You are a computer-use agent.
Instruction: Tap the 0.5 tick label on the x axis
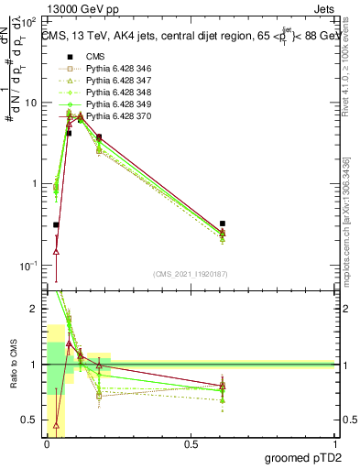[x=191, y=444]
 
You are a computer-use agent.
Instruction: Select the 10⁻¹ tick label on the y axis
[x=31, y=265]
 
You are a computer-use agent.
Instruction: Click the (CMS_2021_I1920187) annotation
[x=190, y=273]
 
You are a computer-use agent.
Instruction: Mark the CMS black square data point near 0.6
[x=223, y=224]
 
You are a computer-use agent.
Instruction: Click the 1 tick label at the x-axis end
[x=333, y=444]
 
